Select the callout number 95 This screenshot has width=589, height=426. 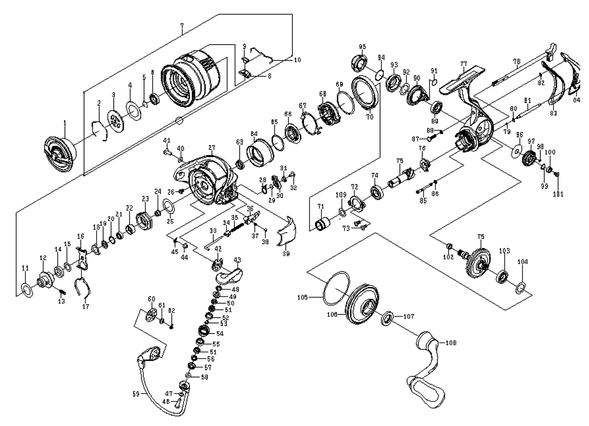[362, 47]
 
